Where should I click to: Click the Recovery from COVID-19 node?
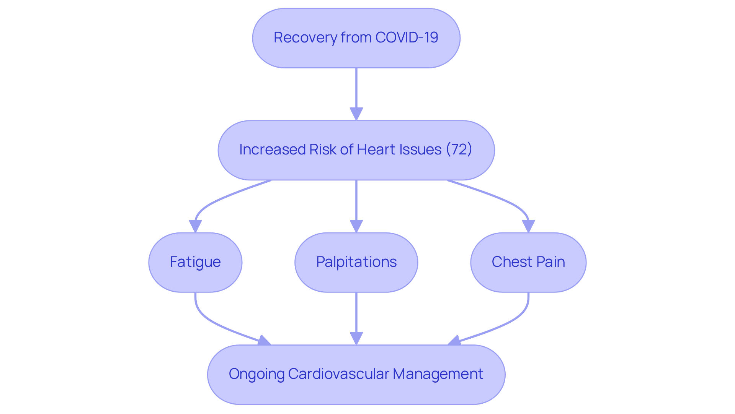[356, 38]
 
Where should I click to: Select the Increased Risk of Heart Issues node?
[356, 150]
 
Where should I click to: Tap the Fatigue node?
[195, 262]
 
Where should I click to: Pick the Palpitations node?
[356, 262]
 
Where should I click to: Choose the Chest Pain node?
[528, 262]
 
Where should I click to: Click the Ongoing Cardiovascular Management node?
[356, 374]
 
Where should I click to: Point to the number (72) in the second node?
[459, 149]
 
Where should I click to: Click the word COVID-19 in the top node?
[407, 37]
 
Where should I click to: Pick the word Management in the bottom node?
[438, 374]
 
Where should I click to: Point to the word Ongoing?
[256, 374]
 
